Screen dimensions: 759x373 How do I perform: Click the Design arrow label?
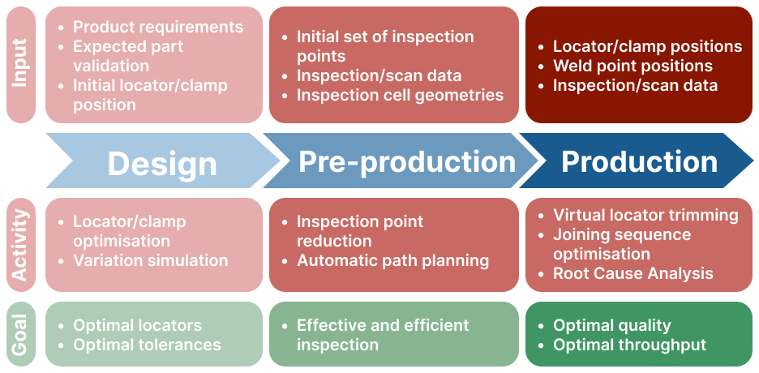point(161,163)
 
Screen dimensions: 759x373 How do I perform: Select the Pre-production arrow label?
point(406,161)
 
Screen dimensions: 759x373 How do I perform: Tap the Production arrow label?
point(639,161)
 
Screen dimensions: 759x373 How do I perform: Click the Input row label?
point(20,63)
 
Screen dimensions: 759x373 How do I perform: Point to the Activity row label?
point(20,245)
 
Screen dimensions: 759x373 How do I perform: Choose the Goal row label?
point(20,335)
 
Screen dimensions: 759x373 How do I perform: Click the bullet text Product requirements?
point(158,27)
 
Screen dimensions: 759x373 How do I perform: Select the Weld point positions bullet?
point(632,66)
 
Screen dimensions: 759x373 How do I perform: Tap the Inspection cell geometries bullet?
point(400,96)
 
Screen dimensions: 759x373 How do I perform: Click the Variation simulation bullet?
point(151,260)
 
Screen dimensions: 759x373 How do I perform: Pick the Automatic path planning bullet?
point(392,261)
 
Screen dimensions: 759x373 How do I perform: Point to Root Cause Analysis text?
point(633,273)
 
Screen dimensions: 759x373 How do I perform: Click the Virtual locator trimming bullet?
point(645,215)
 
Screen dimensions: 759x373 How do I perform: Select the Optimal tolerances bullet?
point(147,345)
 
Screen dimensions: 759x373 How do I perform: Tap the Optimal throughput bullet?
point(630,345)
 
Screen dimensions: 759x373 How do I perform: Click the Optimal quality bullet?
point(612,326)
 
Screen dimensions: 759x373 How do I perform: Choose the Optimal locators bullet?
point(138,325)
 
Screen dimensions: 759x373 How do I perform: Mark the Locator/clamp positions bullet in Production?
point(648,46)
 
